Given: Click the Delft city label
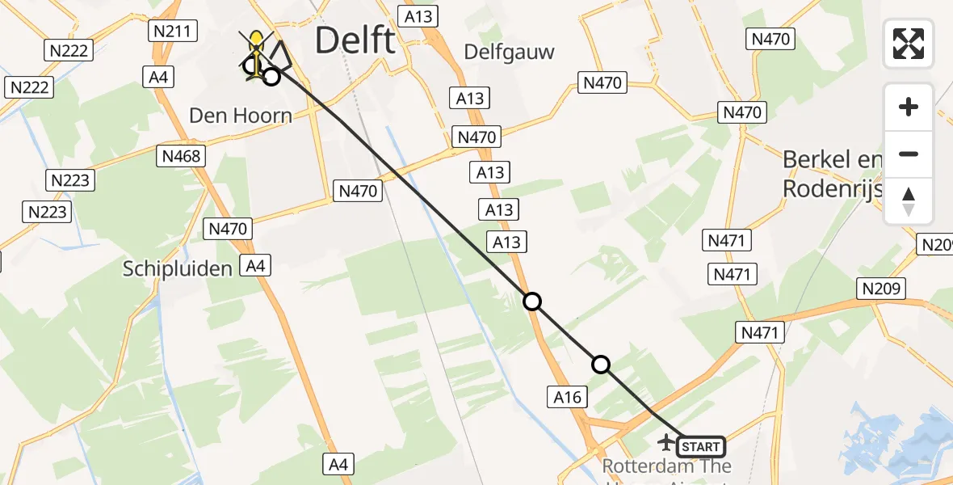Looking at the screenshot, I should [x=355, y=40].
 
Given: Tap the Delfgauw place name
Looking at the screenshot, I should [x=510, y=53].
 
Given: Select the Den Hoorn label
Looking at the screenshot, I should [x=241, y=116].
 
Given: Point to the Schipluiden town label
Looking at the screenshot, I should [x=178, y=268].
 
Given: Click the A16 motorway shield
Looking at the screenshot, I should [x=567, y=396].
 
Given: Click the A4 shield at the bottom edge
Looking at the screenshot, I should [x=338, y=464].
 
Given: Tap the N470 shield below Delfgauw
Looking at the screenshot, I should [x=601, y=82].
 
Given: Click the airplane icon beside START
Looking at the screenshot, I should [x=666, y=442].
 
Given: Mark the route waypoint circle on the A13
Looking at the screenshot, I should [x=531, y=302].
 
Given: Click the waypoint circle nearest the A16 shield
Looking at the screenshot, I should [x=601, y=365].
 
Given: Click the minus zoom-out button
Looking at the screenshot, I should [x=909, y=154].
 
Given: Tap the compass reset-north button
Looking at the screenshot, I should [x=909, y=201].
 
